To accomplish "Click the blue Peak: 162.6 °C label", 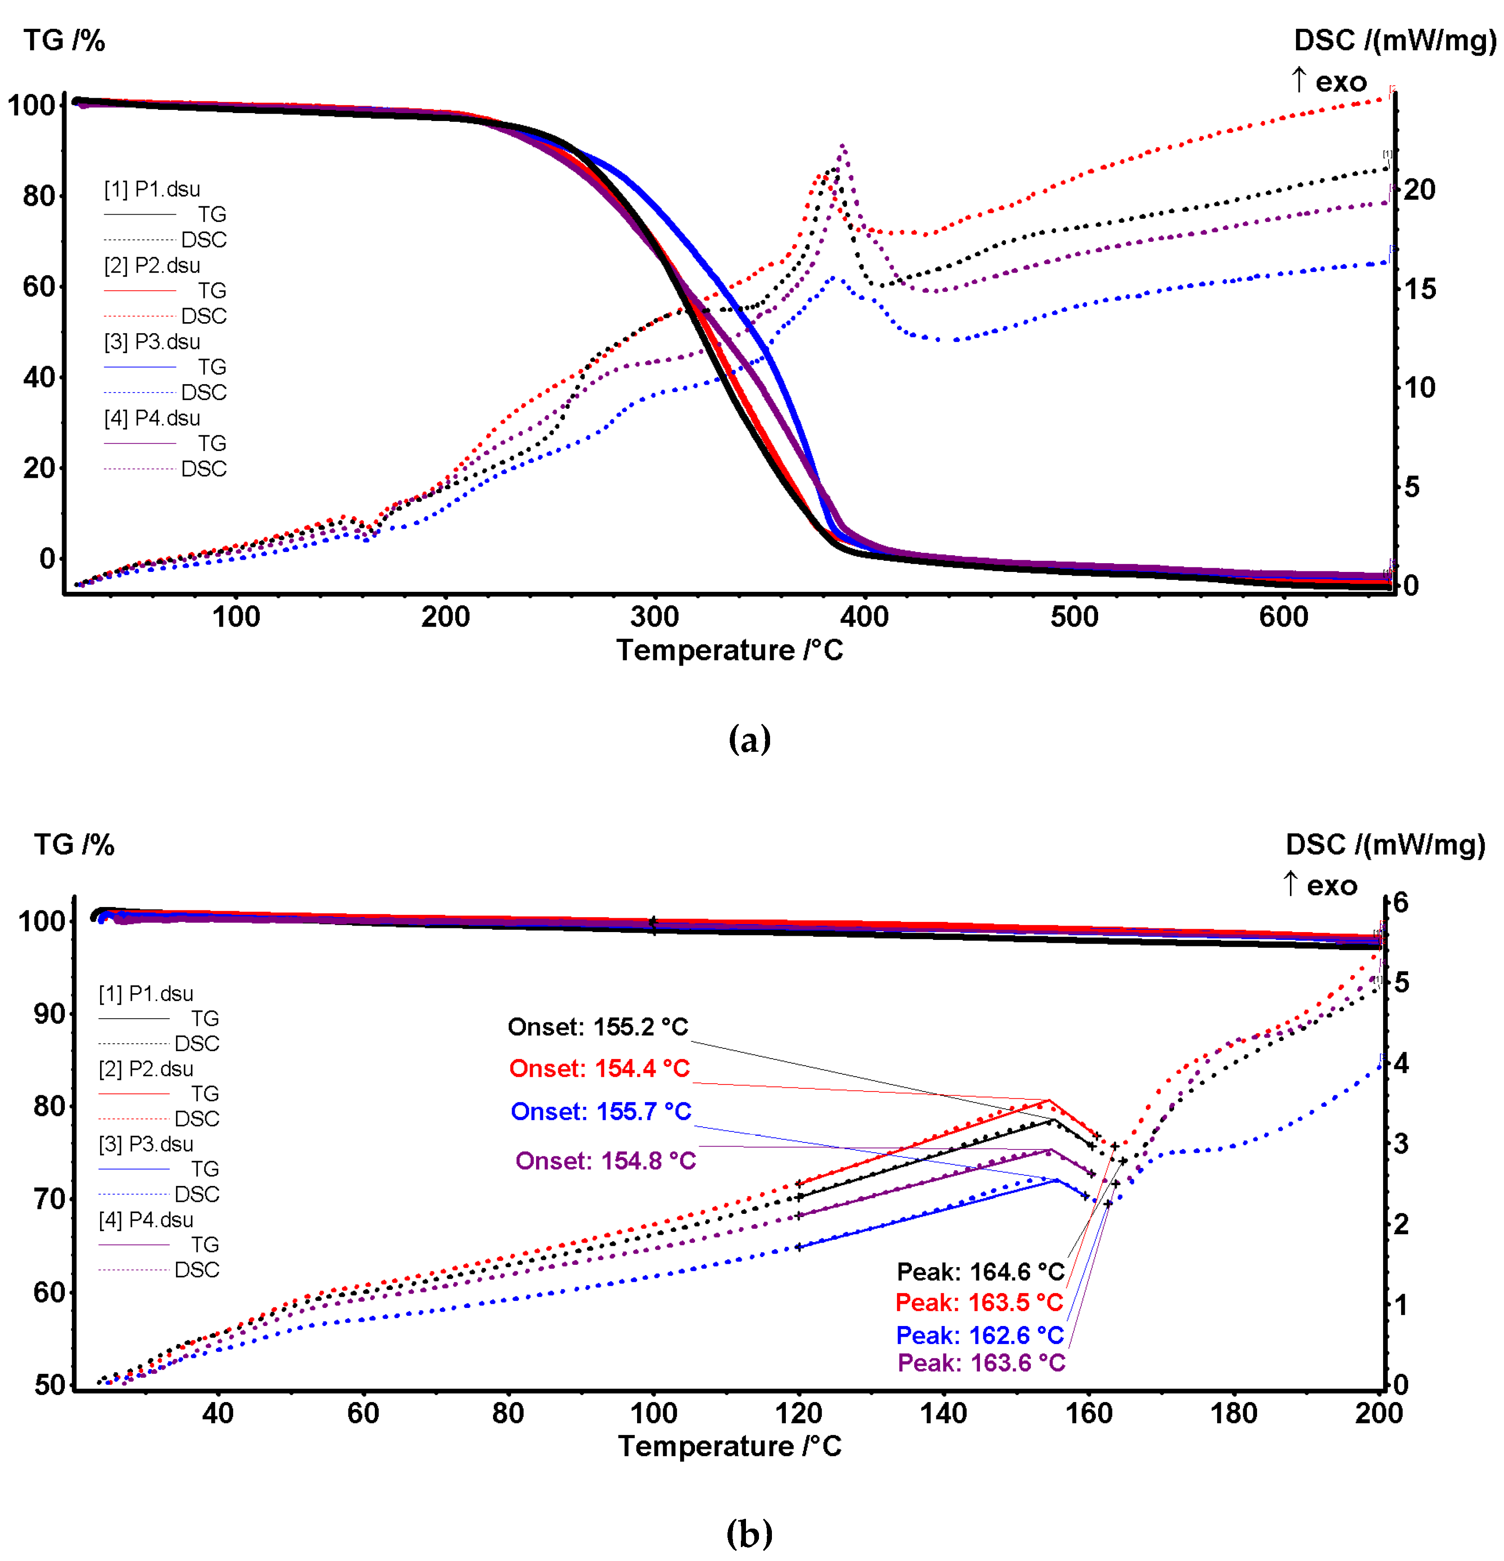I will point(979,1336).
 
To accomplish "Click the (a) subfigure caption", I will point(749,739).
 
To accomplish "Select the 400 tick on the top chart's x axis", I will point(865,617).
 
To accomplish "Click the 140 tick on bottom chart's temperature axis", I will point(943,1414).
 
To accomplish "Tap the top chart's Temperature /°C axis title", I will point(729,651).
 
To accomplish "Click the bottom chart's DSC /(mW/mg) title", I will point(1385,844).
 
